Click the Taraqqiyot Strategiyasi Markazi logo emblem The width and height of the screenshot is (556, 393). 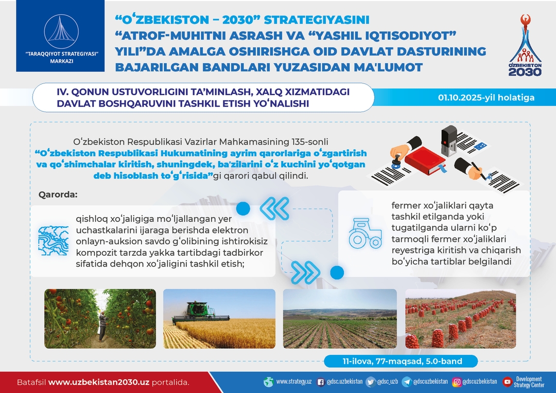61,32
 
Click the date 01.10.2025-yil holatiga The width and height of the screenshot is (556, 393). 486,97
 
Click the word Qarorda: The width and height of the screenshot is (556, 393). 58,194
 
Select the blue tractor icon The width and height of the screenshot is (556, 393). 365,233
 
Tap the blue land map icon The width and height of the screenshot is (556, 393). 54,241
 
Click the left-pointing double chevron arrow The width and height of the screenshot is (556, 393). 274,208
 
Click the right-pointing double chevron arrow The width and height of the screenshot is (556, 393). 305,273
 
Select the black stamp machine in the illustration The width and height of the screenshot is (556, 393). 449,140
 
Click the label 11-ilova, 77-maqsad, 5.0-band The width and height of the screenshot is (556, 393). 402,361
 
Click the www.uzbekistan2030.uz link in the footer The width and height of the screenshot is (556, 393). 98,382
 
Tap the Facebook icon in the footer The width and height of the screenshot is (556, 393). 321,382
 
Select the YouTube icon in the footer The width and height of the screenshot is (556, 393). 508,382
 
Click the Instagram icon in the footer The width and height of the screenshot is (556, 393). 457,382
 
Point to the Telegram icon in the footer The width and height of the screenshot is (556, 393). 407,382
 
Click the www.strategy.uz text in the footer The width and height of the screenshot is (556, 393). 294,382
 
